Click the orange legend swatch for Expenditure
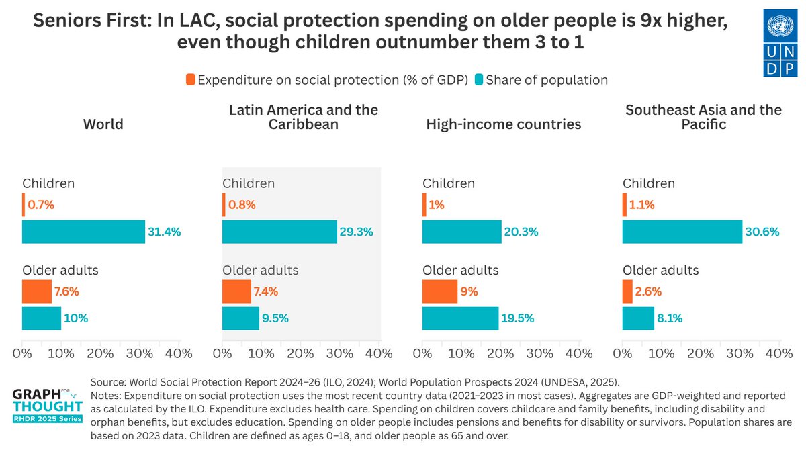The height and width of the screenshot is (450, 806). tap(190, 79)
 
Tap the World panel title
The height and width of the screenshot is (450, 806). tap(103, 124)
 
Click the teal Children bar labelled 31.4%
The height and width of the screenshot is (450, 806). tap(83, 232)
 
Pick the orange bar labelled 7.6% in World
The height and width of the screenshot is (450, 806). tap(37, 291)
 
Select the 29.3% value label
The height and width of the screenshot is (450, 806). tap(356, 232)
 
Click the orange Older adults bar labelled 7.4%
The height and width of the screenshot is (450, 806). tap(236, 291)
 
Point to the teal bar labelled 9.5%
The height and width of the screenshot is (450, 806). tap(240, 318)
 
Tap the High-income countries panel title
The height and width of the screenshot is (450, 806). tap(503, 124)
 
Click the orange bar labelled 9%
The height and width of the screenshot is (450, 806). tap(440, 291)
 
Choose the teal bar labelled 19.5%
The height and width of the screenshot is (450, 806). tap(460, 318)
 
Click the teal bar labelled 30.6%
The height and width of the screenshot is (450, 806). tap(682, 232)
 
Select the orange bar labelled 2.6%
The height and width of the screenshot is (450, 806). tap(627, 291)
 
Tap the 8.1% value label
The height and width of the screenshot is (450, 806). tap(669, 318)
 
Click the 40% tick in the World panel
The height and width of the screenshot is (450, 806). tap(178, 353)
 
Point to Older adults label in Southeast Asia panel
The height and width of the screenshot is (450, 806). tap(660, 270)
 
